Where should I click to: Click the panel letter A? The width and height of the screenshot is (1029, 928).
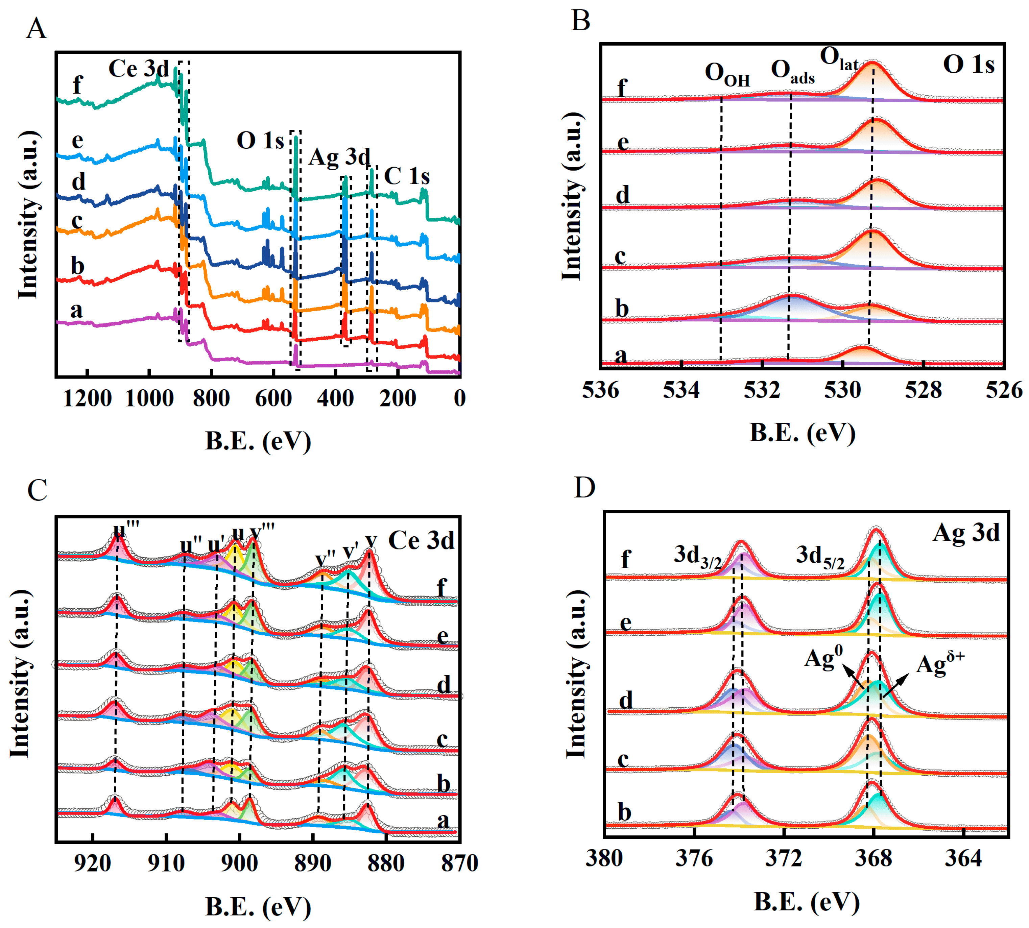[36, 28]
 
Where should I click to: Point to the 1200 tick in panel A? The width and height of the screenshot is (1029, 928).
[87, 398]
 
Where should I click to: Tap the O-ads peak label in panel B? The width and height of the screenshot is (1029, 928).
[792, 71]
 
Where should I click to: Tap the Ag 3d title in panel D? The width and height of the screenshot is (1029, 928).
[966, 533]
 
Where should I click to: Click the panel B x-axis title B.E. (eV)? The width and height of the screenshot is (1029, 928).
[802, 433]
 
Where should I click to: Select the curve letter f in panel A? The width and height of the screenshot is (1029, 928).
[77, 84]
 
